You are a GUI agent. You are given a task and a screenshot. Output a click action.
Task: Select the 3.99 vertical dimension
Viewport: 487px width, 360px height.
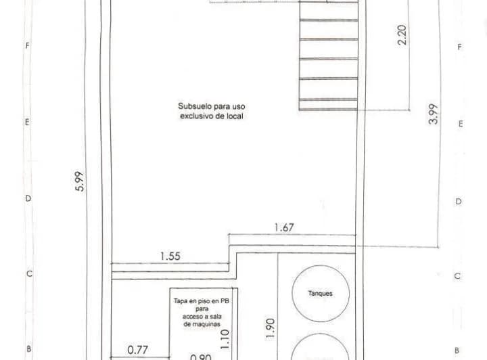pyautogui.click(x=434, y=114)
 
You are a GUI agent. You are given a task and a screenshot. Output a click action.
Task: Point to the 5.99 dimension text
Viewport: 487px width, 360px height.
pyautogui.click(x=80, y=182)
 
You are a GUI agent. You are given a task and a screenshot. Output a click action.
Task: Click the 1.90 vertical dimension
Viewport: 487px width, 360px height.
pyautogui.click(x=271, y=328)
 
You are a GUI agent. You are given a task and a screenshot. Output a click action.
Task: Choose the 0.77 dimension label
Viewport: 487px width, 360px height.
pyautogui.click(x=138, y=351)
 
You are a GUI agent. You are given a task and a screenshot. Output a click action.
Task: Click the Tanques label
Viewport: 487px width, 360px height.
pyautogui.click(x=320, y=294)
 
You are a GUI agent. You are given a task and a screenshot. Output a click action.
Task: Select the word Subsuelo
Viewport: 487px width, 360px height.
pyautogui.click(x=193, y=106)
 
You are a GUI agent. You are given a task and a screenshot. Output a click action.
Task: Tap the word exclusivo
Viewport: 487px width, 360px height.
pyautogui.click(x=195, y=116)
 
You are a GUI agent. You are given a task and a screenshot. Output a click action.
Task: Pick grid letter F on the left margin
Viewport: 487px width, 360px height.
pyautogui.click(x=27, y=47)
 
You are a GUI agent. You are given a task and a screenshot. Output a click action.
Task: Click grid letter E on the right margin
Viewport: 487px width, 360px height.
pyautogui.click(x=460, y=125)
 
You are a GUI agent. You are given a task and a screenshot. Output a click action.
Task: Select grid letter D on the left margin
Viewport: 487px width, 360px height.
pyautogui.click(x=28, y=199)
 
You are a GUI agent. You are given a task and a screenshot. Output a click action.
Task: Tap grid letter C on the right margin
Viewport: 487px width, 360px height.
pyautogui.click(x=458, y=277)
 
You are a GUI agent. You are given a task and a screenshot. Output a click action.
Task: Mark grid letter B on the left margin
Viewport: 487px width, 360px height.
pyautogui.click(x=28, y=350)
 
